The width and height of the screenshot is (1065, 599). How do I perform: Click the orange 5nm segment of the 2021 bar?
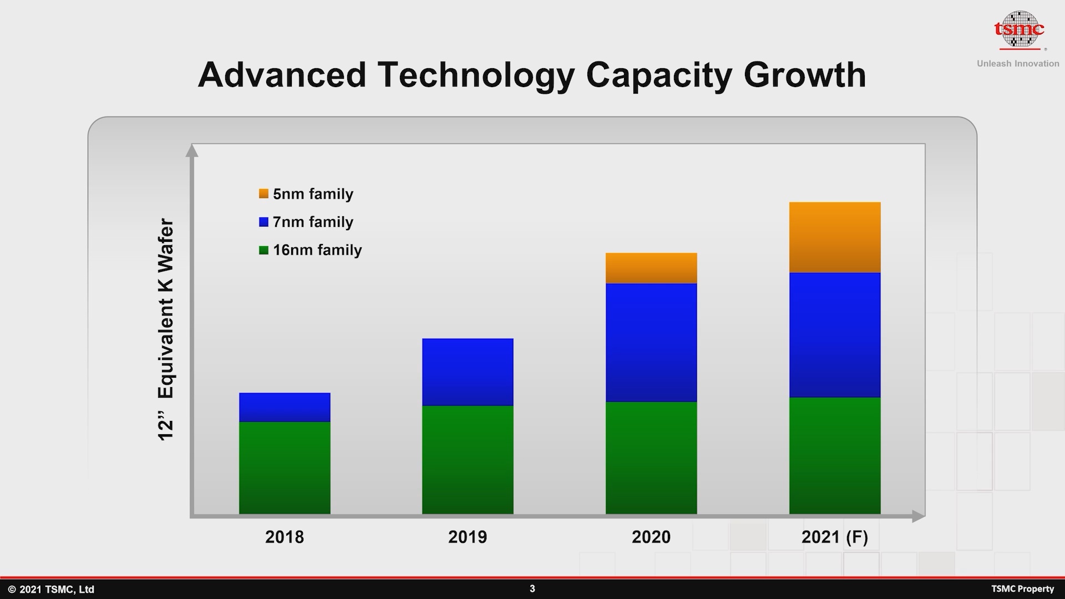(835, 237)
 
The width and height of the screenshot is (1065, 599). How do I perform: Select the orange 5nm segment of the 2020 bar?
(651, 268)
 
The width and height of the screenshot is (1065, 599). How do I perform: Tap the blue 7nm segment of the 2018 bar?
(285, 408)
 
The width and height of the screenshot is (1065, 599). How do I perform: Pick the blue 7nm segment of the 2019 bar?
(468, 372)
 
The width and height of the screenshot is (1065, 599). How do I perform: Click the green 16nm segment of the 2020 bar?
(651, 458)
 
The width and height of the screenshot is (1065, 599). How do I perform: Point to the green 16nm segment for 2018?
(285, 468)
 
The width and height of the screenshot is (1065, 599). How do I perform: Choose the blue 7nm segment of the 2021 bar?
(835, 335)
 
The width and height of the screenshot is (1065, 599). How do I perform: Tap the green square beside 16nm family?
(263, 250)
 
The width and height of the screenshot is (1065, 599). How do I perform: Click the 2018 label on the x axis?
(285, 537)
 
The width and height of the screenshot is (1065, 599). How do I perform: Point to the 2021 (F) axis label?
(834, 537)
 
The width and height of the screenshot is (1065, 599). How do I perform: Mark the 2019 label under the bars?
(468, 537)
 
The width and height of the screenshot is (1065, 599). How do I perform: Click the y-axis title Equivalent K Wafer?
(166, 330)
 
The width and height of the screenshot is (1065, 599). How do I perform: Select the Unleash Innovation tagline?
(1018, 64)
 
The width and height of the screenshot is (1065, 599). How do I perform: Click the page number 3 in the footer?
(532, 588)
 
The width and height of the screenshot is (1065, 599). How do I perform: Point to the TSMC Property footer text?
(1022, 589)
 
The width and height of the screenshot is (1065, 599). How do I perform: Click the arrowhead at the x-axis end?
(918, 516)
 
